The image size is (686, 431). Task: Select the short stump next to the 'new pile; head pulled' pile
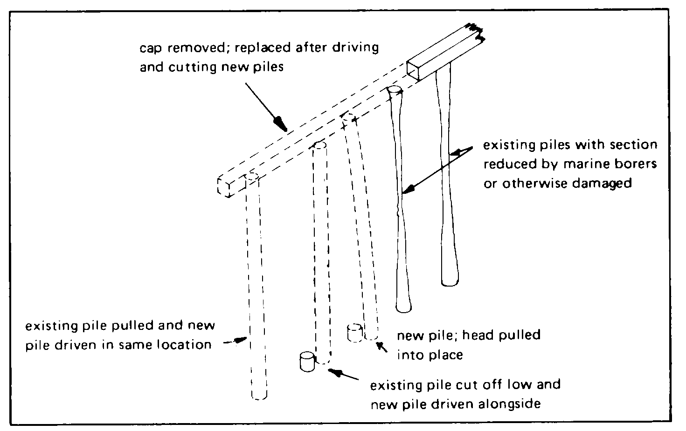(354, 333)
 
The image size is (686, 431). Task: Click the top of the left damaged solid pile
(395, 90)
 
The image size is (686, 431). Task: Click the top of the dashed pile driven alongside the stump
(319, 146)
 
